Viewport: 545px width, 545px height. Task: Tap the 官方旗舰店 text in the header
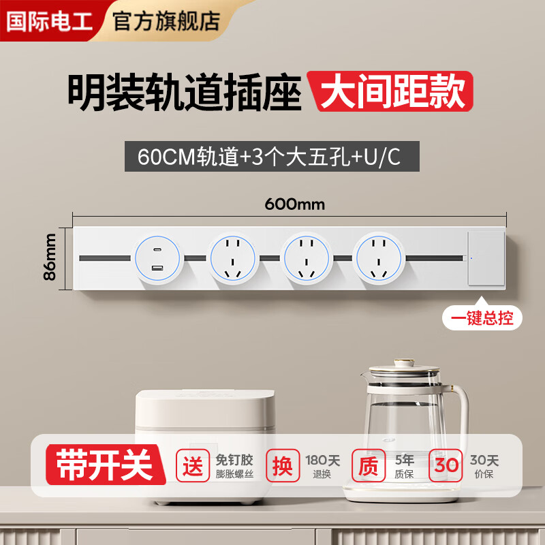coord(166,20)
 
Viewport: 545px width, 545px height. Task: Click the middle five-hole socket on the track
coord(307,258)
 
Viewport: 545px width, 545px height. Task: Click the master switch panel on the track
coord(486,258)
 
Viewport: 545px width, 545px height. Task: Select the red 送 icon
coord(193,467)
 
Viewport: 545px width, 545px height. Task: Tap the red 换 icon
coord(282,467)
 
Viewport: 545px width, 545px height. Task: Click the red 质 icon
coord(369,467)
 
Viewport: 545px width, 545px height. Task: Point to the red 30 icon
coord(447,467)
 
